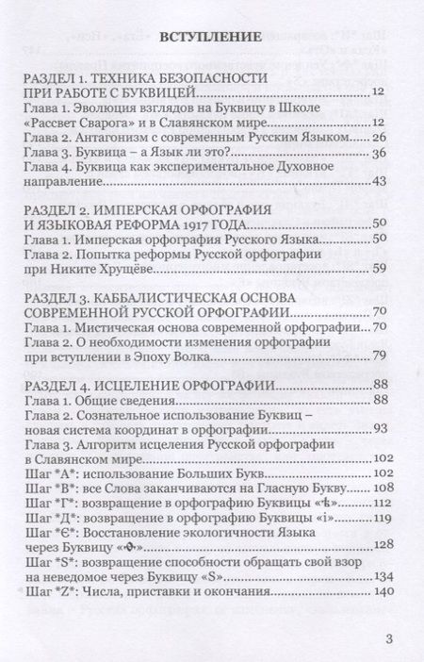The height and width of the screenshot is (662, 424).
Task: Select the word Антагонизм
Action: pyautogui.click(x=119, y=138)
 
